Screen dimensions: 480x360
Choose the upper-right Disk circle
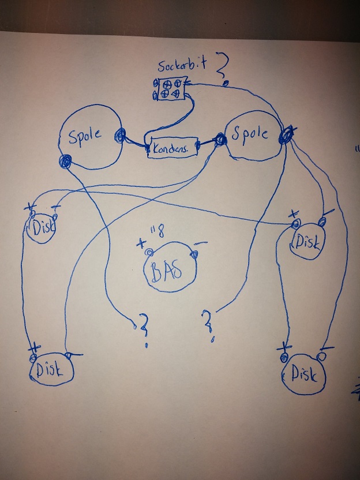pos(309,238)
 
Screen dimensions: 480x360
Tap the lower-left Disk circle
pos(52,370)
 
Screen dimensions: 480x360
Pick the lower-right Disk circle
pos(304,375)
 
